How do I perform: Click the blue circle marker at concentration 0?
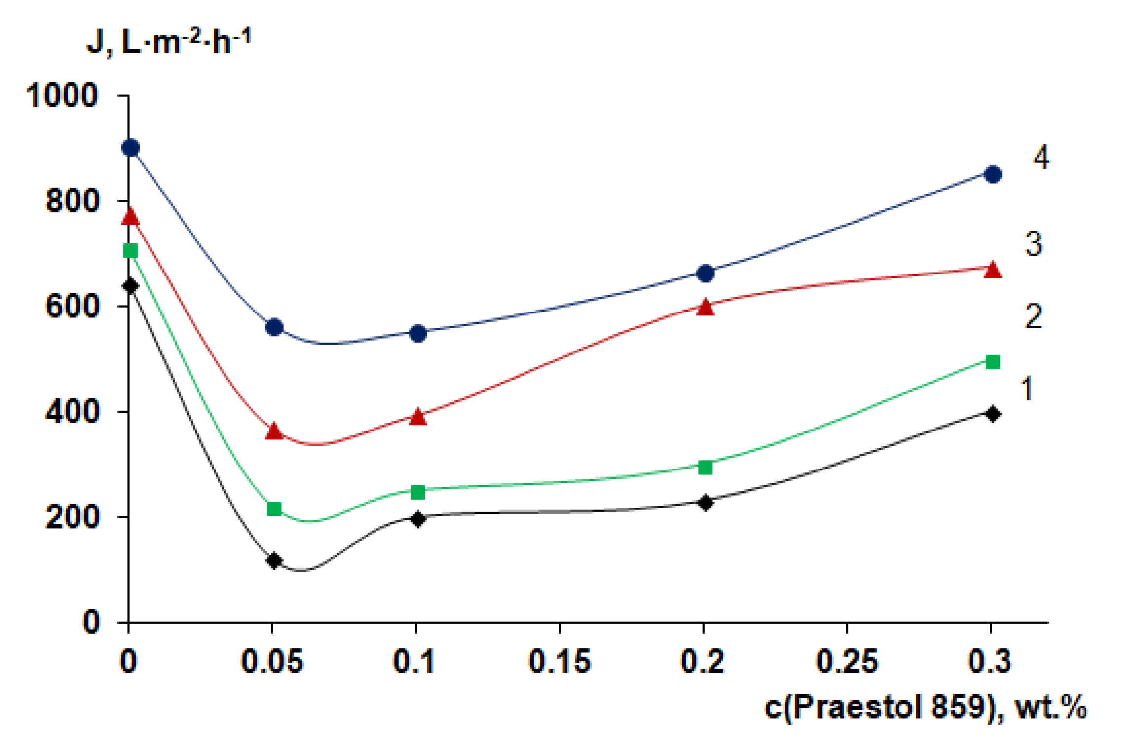click(130, 148)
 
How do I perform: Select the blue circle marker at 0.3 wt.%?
click(993, 174)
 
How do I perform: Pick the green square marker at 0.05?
click(274, 509)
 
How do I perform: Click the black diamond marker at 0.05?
click(274, 561)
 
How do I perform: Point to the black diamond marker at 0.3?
click(993, 414)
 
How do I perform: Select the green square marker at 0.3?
click(993, 362)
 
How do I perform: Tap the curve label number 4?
click(1041, 158)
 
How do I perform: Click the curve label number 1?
click(1027, 389)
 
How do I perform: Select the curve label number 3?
click(1034, 244)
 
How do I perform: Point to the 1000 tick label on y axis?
click(62, 95)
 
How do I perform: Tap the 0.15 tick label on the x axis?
click(559, 662)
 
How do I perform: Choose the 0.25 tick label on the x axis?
click(847, 662)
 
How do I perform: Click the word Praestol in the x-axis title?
click(859, 707)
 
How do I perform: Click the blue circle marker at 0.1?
click(417, 333)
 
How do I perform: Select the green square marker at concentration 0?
click(130, 251)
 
